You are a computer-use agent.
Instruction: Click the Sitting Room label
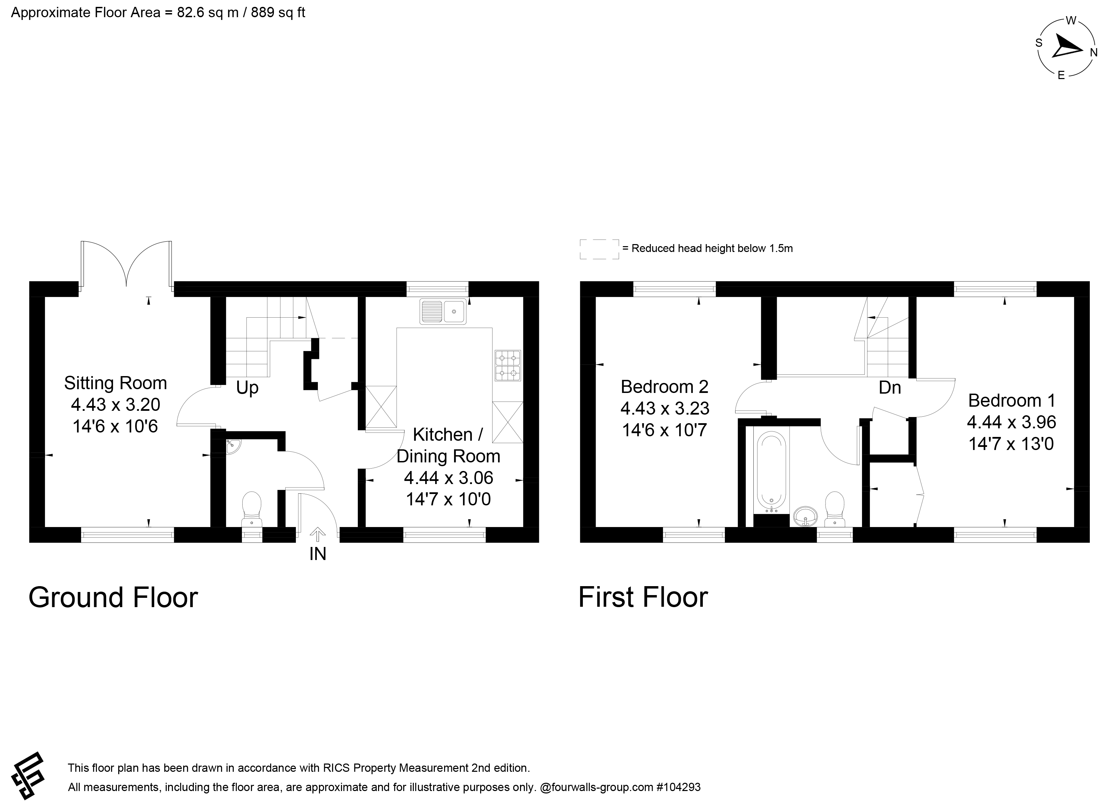[x=116, y=383]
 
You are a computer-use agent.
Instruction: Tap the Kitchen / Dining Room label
[x=448, y=445]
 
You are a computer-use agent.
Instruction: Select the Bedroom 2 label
[x=664, y=387]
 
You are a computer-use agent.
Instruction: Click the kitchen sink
[x=443, y=311]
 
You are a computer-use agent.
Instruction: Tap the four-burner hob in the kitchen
[x=508, y=365]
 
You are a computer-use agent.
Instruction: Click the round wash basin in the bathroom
[x=806, y=516]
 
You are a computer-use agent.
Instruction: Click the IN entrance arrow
[x=318, y=535]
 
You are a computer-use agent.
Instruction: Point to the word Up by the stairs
[x=247, y=388]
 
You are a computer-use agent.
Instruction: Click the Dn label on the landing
[x=889, y=388]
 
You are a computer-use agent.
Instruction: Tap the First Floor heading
[x=643, y=597]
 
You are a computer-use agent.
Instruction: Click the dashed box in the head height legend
[x=599, y=249]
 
